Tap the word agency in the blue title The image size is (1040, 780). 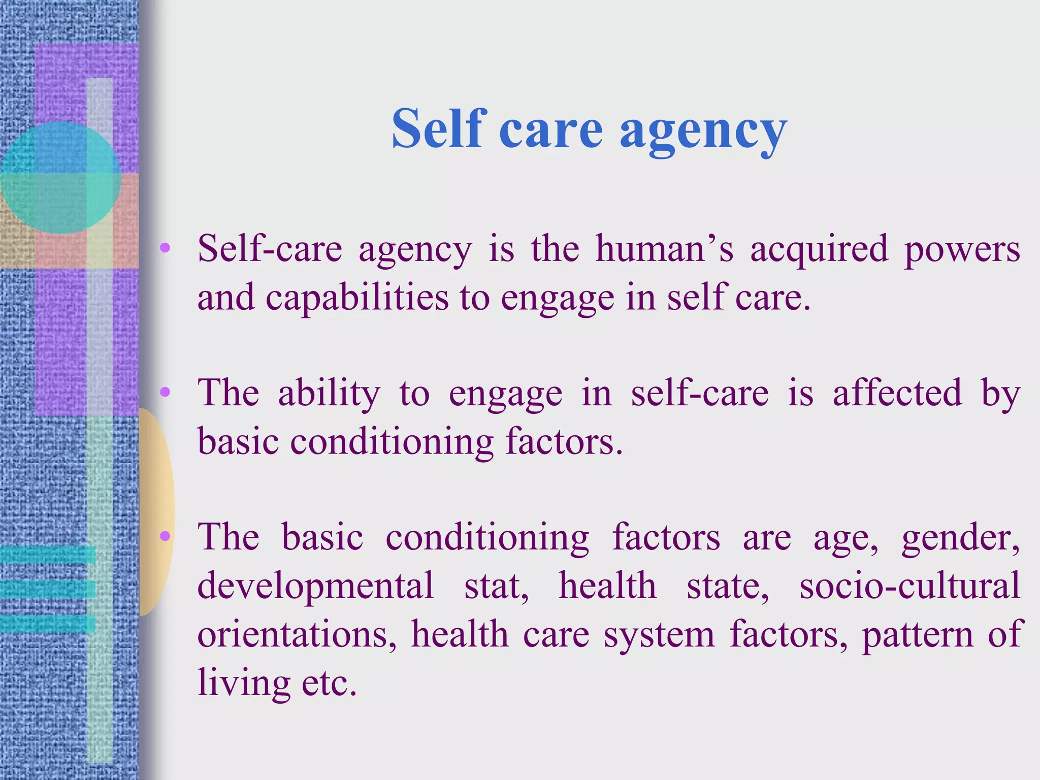[703, 131]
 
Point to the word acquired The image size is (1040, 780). [819, 250]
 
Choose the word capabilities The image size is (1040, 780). [357, 298]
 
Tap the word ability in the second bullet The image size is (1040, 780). [329, 394]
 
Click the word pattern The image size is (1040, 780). [917, 635]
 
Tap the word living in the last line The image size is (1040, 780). [244, 683]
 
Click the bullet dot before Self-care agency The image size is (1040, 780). [165, 248]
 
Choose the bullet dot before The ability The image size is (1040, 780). [165, 392]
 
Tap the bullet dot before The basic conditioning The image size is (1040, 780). [165, 536]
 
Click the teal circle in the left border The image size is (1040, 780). [60, 177]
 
